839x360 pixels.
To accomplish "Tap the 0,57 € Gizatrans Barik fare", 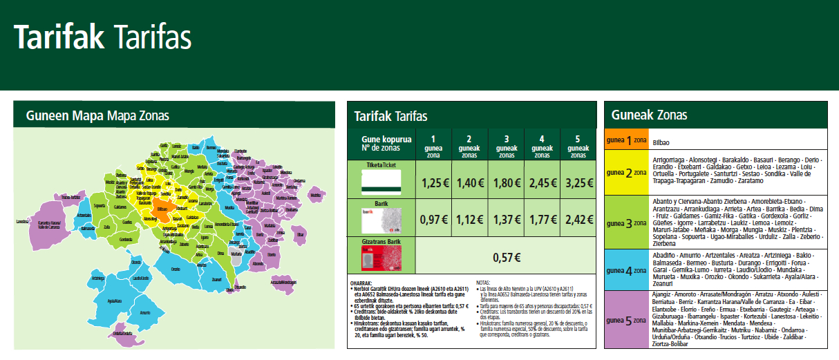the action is [x=505, y=257].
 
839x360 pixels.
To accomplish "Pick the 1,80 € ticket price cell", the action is [x=505, y=183].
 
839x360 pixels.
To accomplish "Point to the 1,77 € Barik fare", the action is [x=541, y=220].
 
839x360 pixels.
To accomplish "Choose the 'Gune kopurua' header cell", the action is [x=381, y=144].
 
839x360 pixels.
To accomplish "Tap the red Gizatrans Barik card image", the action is [x=381, y=258].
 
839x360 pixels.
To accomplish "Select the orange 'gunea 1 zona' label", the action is [x=627, y=140].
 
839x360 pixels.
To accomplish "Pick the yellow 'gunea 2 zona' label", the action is [x=627, y=173].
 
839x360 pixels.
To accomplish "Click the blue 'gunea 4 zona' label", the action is [x=627, y=270].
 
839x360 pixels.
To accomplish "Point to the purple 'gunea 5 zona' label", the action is [x=627, y=319].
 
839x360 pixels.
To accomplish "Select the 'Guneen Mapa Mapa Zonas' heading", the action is [x=97, y=115].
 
